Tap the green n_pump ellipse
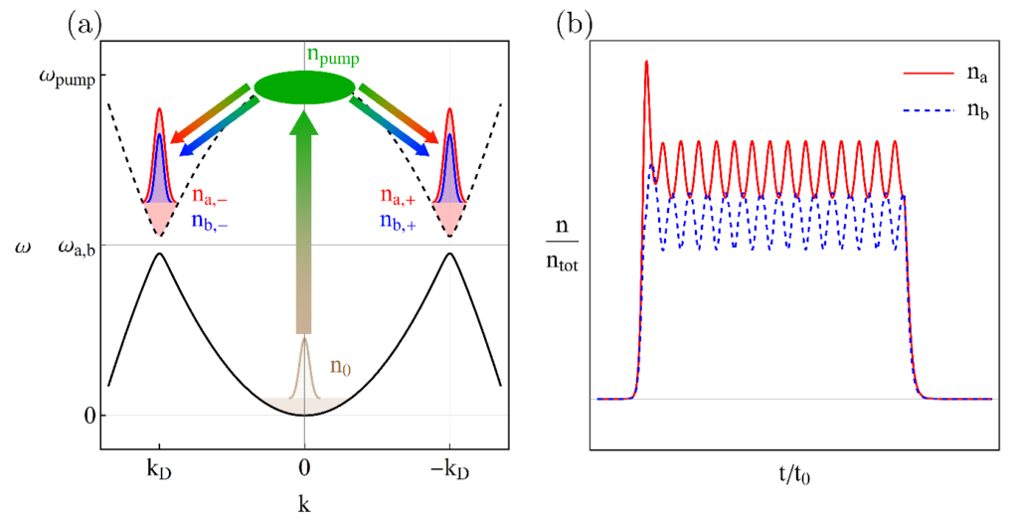[304, 87]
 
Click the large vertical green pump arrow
[304, 219]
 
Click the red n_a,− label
[212, 195]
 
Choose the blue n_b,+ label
[400, 215]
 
